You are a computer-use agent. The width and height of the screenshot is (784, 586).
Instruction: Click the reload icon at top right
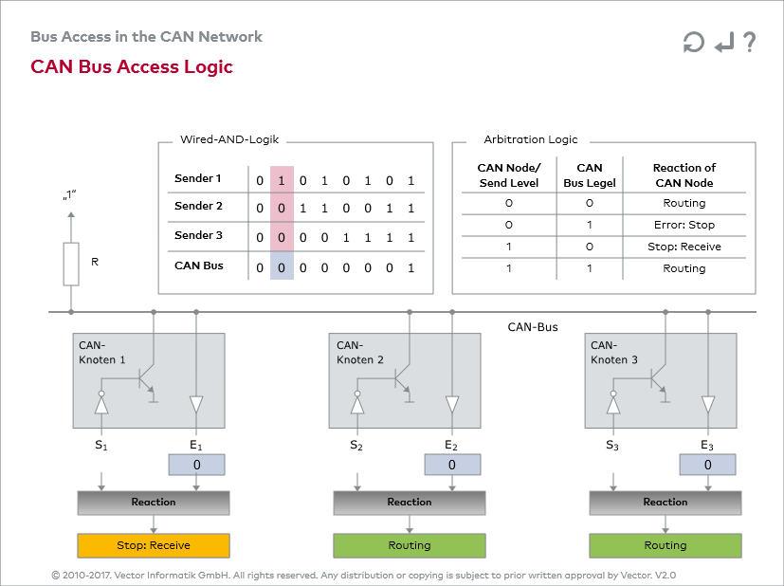[x=693, y=43]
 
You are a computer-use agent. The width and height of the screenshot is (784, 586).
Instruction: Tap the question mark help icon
[x=750, y=42]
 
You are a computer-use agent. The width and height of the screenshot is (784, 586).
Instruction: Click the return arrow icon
[x=723, y=43]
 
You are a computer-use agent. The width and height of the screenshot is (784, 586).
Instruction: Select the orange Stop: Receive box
[x=154, y=545]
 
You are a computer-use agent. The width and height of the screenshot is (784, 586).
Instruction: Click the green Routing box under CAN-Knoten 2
[x=410, y=545]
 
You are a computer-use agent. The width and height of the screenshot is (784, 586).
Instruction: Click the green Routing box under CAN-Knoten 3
[x=665, y=545]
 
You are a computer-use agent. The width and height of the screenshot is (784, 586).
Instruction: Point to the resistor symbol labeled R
[x=71, y=264]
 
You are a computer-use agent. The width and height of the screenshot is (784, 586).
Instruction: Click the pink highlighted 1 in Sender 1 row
[x=282, y=180]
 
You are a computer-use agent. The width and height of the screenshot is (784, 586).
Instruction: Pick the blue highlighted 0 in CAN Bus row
[x=282, y=267]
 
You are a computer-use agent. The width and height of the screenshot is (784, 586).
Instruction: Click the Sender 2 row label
[x=198, y=206]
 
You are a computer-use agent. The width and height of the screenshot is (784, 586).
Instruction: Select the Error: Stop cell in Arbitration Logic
[x=684, y=225]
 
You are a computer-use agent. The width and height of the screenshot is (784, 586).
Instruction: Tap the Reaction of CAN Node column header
[x=684, y=175]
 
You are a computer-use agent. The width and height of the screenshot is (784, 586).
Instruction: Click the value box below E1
[x=196, y=465]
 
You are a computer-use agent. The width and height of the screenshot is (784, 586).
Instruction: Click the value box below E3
[x=708, y=465]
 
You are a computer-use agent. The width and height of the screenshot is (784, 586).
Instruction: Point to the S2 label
[x=356, y=445]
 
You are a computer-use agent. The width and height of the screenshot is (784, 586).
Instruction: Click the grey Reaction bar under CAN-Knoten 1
[x=154, y=502]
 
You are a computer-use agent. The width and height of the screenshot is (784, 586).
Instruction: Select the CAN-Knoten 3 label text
[x=613, y=353]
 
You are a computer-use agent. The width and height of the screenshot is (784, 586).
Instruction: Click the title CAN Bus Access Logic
[x=132, y=66]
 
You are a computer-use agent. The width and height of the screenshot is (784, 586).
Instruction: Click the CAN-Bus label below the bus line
[x=533, y=327]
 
